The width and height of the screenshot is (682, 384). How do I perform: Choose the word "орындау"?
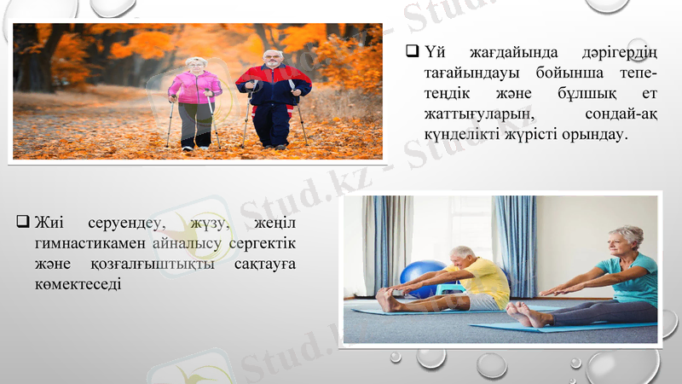592,134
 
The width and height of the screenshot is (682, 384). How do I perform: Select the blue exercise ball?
422,277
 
